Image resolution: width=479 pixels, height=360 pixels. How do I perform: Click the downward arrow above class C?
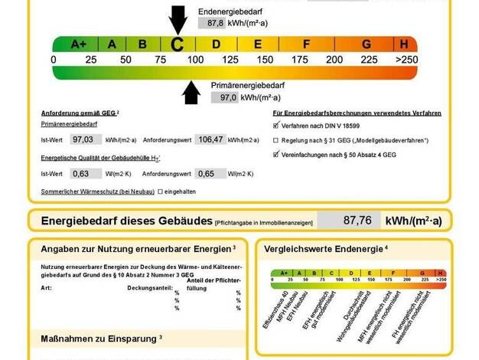[178, 18]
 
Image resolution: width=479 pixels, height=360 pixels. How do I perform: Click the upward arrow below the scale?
[191, 93]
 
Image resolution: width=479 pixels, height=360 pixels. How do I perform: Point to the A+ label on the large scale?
[79, 44]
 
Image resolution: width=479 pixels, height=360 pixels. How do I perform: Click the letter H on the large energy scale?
[403, 44]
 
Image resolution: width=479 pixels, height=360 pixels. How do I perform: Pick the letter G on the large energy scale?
[367, 44]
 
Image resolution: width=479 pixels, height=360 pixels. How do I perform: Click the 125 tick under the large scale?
[230, 59]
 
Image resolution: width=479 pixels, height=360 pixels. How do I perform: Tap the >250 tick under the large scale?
[406, 59]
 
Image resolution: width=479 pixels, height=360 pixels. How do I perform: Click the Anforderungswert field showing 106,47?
[213, 139]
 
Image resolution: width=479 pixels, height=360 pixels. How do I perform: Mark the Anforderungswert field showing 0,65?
[213, 173]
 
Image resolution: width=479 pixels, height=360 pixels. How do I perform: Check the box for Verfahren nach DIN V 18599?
[276, 125]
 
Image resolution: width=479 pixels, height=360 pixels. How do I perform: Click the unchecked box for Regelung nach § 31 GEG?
[276, 140]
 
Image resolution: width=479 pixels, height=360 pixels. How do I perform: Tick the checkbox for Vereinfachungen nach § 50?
[276, 155]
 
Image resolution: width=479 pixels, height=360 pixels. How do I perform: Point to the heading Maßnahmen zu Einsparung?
[98, 338]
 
